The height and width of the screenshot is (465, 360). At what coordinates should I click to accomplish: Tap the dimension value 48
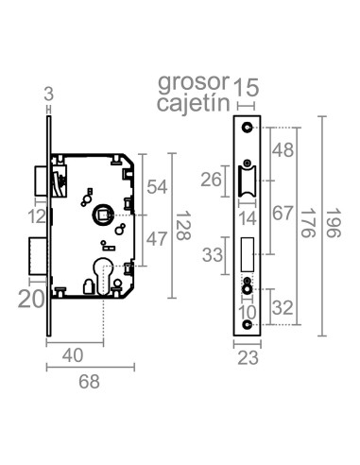click(283, 149)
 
